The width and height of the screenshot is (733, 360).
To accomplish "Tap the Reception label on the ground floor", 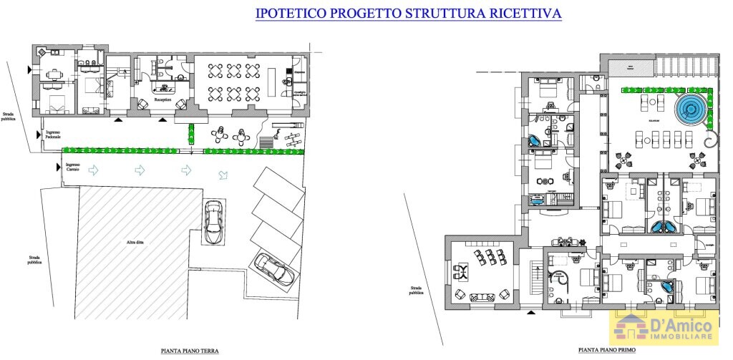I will click(x=162, y=101).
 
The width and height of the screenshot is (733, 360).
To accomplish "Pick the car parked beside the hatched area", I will click(x=214, y=222).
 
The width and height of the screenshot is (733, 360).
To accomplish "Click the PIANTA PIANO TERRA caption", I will click(x=189, y=351).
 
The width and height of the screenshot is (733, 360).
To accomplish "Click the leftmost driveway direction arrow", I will click(x=95, y=170).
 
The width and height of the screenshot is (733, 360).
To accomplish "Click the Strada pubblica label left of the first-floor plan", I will click(x=415, y=290).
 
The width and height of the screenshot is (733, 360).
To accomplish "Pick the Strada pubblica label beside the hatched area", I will click(x=34, y=260).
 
